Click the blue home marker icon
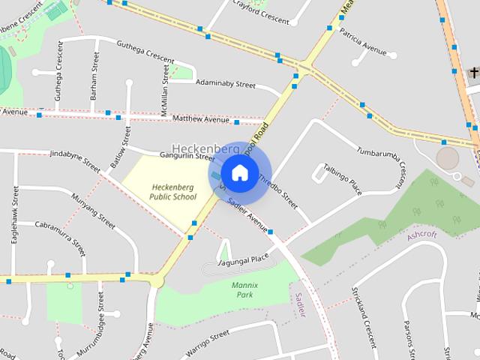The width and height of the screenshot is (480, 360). coord(238,172)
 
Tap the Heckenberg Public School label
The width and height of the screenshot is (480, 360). coord(172,192)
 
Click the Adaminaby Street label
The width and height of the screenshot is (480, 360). coord(225,84)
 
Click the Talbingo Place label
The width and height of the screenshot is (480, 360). coord(342,178)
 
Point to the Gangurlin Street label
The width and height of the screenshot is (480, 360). coord(187,156)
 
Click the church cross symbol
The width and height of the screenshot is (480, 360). coord(473,72)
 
